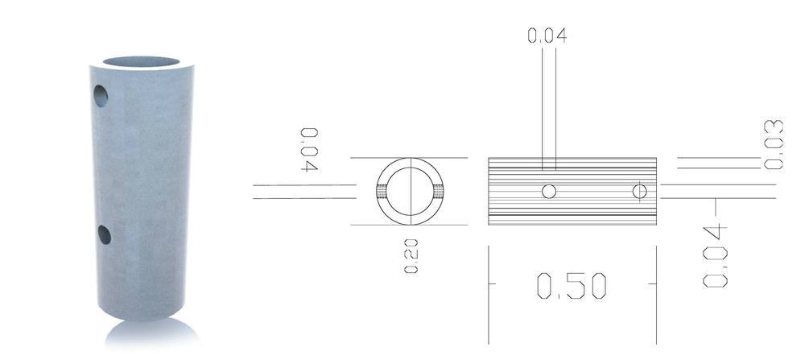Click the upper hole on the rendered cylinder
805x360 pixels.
[x=101, y=96]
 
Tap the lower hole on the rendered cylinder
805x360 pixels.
[x=104, y=234]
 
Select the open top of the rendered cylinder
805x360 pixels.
[x=141, y=62]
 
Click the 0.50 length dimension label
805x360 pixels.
[x=572, y=286]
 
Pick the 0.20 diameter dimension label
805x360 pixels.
[x=411, y=256]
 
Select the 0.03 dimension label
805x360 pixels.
[x=774, y=144]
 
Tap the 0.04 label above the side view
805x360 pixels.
[x=547, y=35]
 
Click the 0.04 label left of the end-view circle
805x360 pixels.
[x=309, y=150]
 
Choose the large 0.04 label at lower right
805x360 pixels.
[x=715, y=255]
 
